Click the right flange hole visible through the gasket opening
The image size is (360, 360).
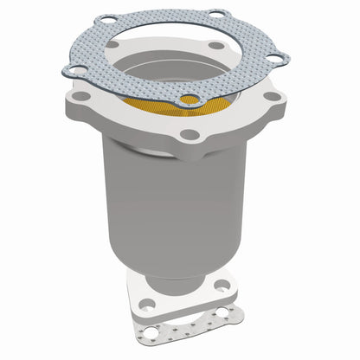tap(215, 47)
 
